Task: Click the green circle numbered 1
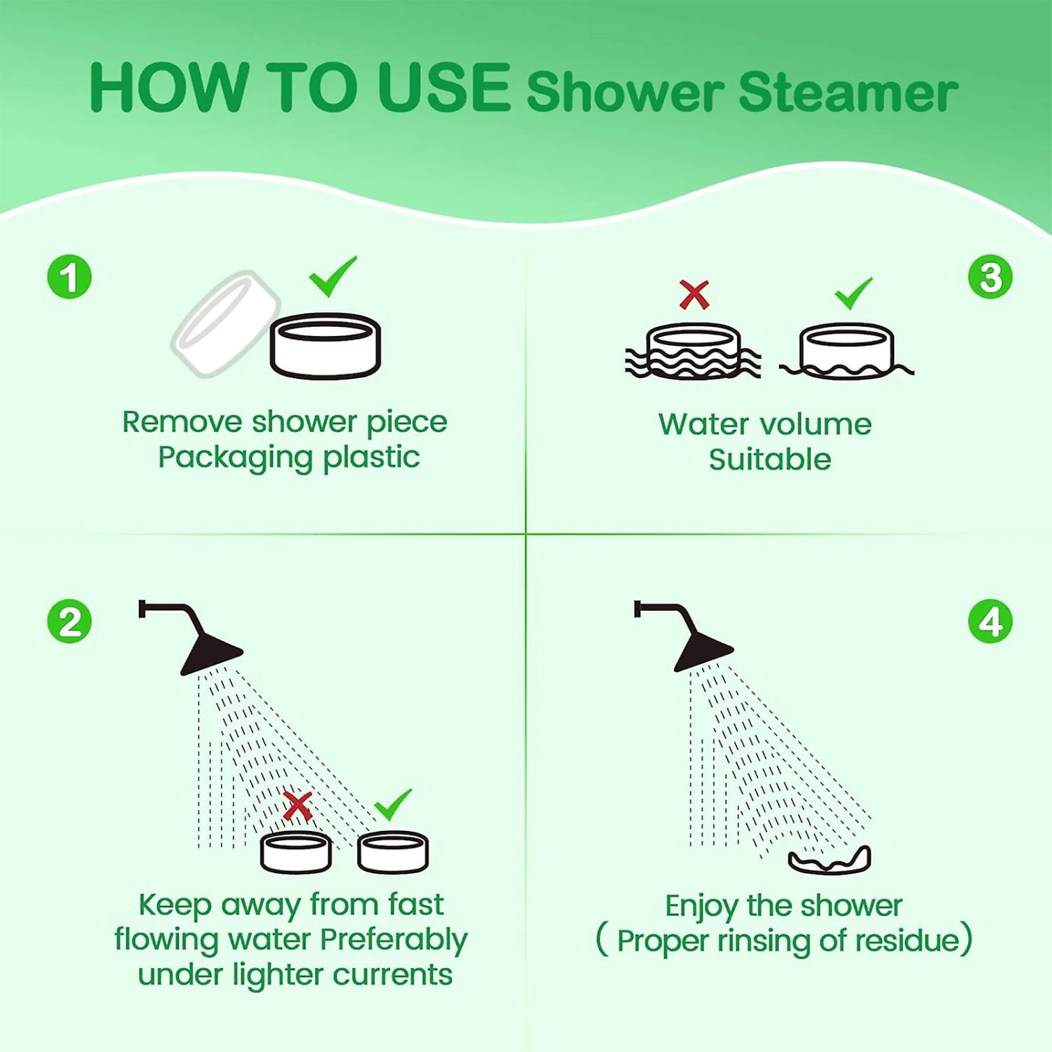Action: [69, 276]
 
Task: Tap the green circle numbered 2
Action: [69, 621]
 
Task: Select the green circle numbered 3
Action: [990, 276]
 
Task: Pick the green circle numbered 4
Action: [990, 621]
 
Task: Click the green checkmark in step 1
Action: [333, 277]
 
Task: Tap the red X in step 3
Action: [694, 295]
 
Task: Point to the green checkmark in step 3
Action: [854, 293]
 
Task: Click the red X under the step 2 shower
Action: [297, 807]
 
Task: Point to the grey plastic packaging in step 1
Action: [225, 324]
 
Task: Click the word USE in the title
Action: [444, 88]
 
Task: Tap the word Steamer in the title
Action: [848, 93]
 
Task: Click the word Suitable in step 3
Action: [770, 460]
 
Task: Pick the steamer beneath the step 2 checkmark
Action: [393, 852]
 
